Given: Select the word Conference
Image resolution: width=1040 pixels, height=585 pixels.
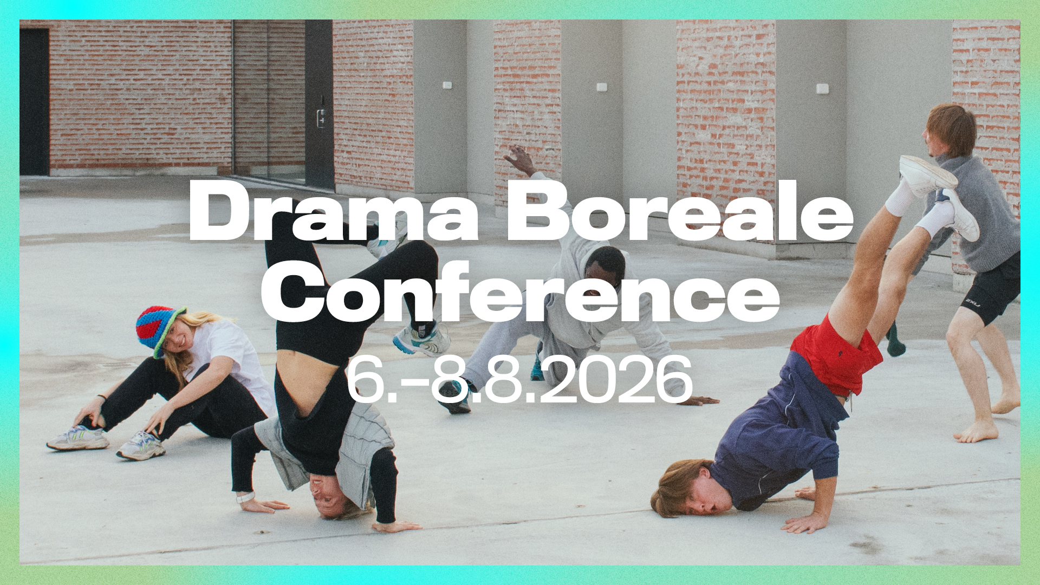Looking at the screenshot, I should pos(520,292).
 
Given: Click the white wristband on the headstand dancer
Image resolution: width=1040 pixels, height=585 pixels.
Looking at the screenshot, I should pos(245,497).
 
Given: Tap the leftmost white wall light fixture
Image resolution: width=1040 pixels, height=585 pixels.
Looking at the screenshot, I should pos(447,85).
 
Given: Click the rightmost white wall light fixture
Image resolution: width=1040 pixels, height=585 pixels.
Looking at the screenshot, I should pos(822,88).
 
